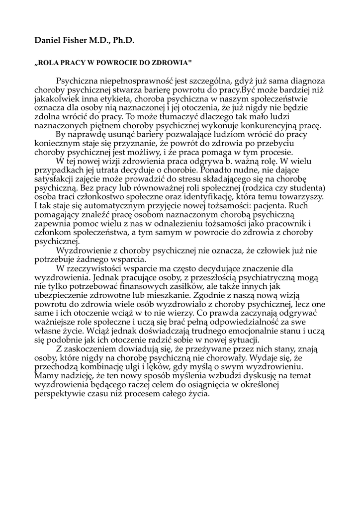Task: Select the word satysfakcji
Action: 56,178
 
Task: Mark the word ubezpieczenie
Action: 62,295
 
